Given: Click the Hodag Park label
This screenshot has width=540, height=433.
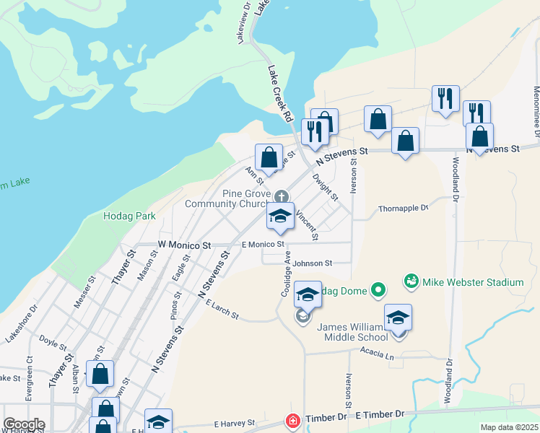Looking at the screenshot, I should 130,216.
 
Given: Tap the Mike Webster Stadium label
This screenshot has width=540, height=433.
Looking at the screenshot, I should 474,281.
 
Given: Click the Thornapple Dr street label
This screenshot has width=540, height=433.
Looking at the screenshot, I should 404,209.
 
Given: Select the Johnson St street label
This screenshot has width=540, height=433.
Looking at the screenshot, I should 312,263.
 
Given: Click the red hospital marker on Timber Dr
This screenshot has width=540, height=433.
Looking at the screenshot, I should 292,420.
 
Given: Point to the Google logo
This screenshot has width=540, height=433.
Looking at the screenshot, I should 24,424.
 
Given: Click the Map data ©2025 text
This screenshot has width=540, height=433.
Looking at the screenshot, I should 510,427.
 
